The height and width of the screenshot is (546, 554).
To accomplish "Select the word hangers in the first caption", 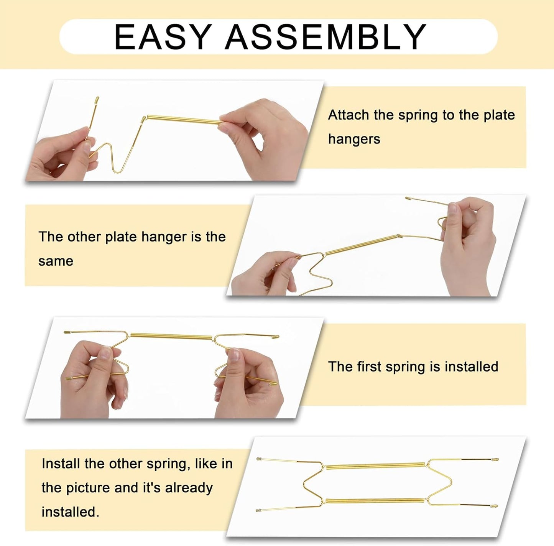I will pos(354,139).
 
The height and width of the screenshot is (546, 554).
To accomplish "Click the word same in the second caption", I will pos(56,261).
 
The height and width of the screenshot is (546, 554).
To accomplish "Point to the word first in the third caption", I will pos(369,367).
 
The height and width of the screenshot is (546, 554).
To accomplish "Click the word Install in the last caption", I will pos(61,464).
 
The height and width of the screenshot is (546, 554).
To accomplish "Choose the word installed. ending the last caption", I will pos(70,512).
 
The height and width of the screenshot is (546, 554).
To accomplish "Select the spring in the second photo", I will pos(360,245).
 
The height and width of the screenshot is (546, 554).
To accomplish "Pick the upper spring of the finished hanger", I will pos(376,466).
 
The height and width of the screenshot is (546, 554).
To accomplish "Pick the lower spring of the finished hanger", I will pos(376,501).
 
